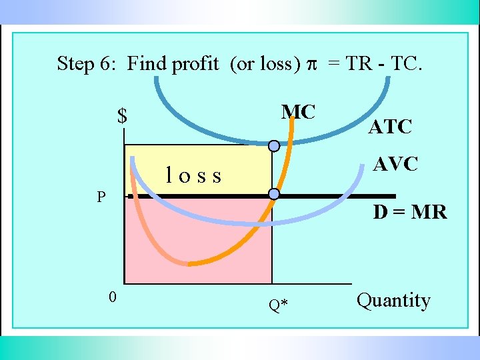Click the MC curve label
[298, 112]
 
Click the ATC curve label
[391, 126]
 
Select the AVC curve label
[395, 164]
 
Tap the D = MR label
[409, 212]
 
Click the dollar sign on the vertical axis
[122, 116]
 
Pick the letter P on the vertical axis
[100, 197]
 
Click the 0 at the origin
[113, 297]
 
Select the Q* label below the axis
[278, 305]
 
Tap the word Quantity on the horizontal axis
[393, 301]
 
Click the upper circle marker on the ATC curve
[273, 145]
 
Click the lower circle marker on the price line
[273, 194]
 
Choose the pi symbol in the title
[311, 64]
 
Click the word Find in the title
[147, 64]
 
